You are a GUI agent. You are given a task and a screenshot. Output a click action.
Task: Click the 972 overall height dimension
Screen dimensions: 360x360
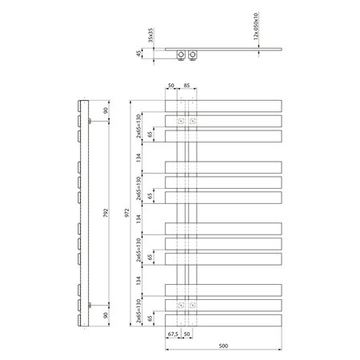[127, 213]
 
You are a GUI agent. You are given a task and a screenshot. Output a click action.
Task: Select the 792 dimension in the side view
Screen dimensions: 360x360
[106, 213]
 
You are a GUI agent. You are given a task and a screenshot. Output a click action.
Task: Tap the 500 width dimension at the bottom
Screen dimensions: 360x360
[223, 346]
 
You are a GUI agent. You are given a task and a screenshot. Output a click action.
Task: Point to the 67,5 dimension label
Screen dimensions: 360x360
[173, 334]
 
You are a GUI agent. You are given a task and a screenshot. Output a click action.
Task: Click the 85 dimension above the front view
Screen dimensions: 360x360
[186, 86]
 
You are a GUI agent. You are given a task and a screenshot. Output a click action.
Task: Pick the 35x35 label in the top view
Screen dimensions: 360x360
[150, 35]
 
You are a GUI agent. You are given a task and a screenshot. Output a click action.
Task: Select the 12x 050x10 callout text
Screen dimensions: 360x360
[256, 26]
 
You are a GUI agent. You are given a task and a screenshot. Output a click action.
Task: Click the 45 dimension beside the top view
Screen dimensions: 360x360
[138, 54]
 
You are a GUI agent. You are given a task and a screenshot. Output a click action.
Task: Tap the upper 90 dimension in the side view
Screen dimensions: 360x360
[106, 110]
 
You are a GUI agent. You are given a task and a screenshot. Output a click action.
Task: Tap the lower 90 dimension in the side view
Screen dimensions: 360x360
[106, 315]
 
